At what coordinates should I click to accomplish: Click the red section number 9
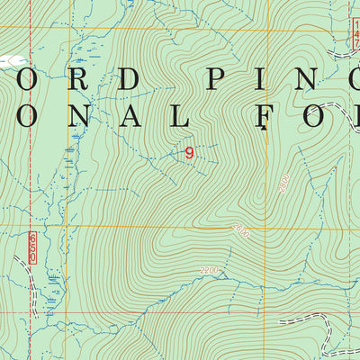click(189, 153)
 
